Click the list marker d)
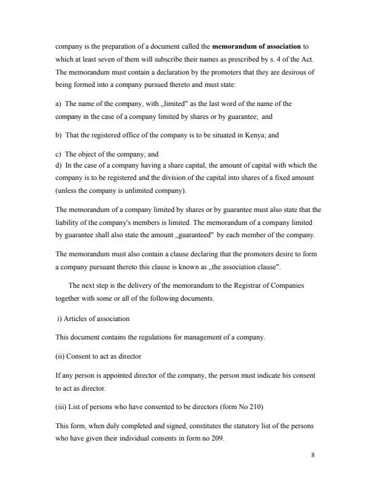coord(59,165)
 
